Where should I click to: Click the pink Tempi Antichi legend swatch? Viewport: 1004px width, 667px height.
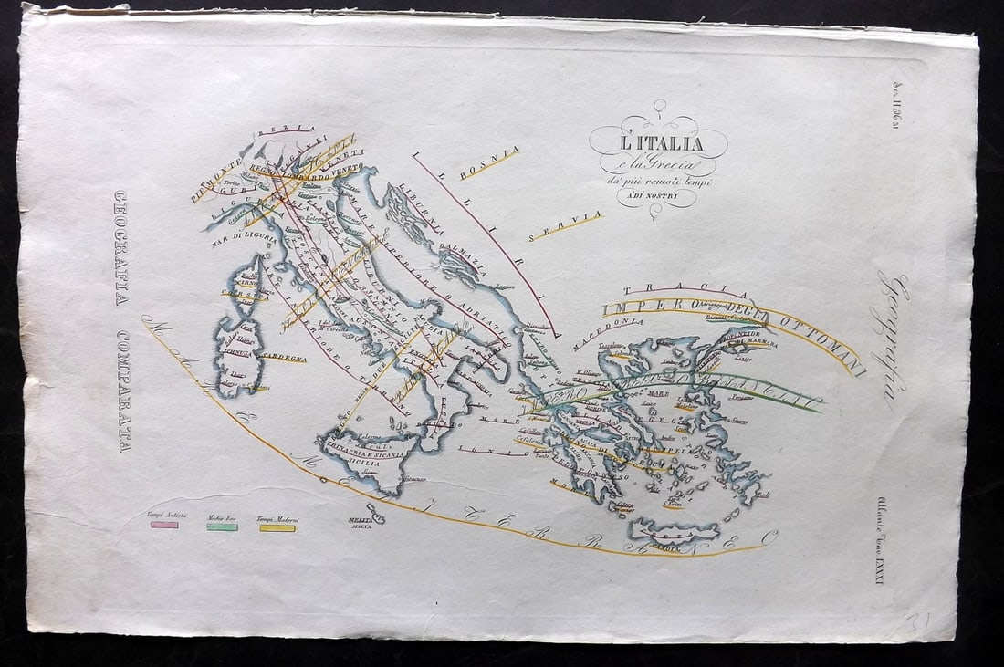pyautogui.click(x=164, y=526)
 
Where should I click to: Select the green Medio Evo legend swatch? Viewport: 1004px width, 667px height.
pyautogui.click(x=222, y=526)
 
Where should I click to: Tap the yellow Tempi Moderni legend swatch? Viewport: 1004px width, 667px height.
pyautogui.click(x=277, y=527)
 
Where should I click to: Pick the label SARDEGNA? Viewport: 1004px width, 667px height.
pyautogui.click(x=284, y=358)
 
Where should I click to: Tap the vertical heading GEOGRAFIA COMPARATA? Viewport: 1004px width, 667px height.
pyautogui.click(x=121, y=320)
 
